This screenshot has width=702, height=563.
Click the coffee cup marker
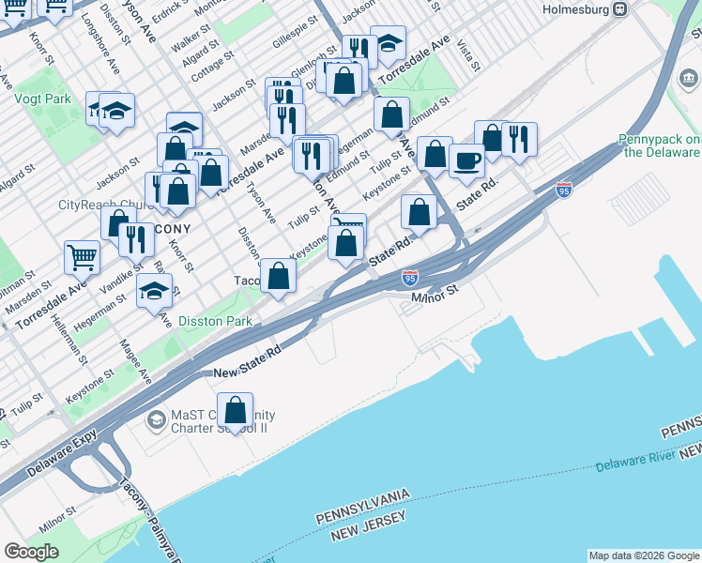(x=466, y=160)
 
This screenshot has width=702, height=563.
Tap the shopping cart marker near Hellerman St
(x=83, y=256)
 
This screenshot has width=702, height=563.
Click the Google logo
(x=32, y=552)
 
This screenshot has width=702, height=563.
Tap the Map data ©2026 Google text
(x=643, y=555)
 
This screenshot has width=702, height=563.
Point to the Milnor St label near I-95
(x=434, y=292)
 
